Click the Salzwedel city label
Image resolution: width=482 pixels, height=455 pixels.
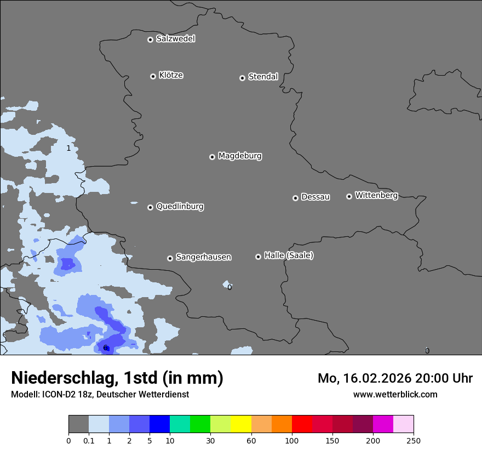175,39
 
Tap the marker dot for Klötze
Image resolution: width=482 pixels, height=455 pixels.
153,76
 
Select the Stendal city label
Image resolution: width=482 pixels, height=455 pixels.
263,77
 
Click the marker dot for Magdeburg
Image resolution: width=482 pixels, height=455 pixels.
212,157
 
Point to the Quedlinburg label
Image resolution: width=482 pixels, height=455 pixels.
180,207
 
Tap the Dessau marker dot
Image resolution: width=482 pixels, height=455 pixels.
295,198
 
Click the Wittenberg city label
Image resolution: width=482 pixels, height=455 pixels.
376,195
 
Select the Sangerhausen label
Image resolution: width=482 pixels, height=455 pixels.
203,257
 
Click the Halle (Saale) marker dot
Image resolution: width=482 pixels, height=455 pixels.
258,257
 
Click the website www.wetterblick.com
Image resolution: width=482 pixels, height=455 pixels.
395,394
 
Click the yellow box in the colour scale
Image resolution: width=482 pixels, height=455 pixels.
241,424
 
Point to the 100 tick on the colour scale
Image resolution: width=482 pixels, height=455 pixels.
292,441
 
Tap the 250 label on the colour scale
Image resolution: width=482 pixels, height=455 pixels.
414,441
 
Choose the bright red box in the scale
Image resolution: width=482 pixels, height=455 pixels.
302,424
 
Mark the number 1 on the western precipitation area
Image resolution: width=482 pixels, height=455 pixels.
68,149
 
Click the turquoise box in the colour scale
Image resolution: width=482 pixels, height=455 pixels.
180,424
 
